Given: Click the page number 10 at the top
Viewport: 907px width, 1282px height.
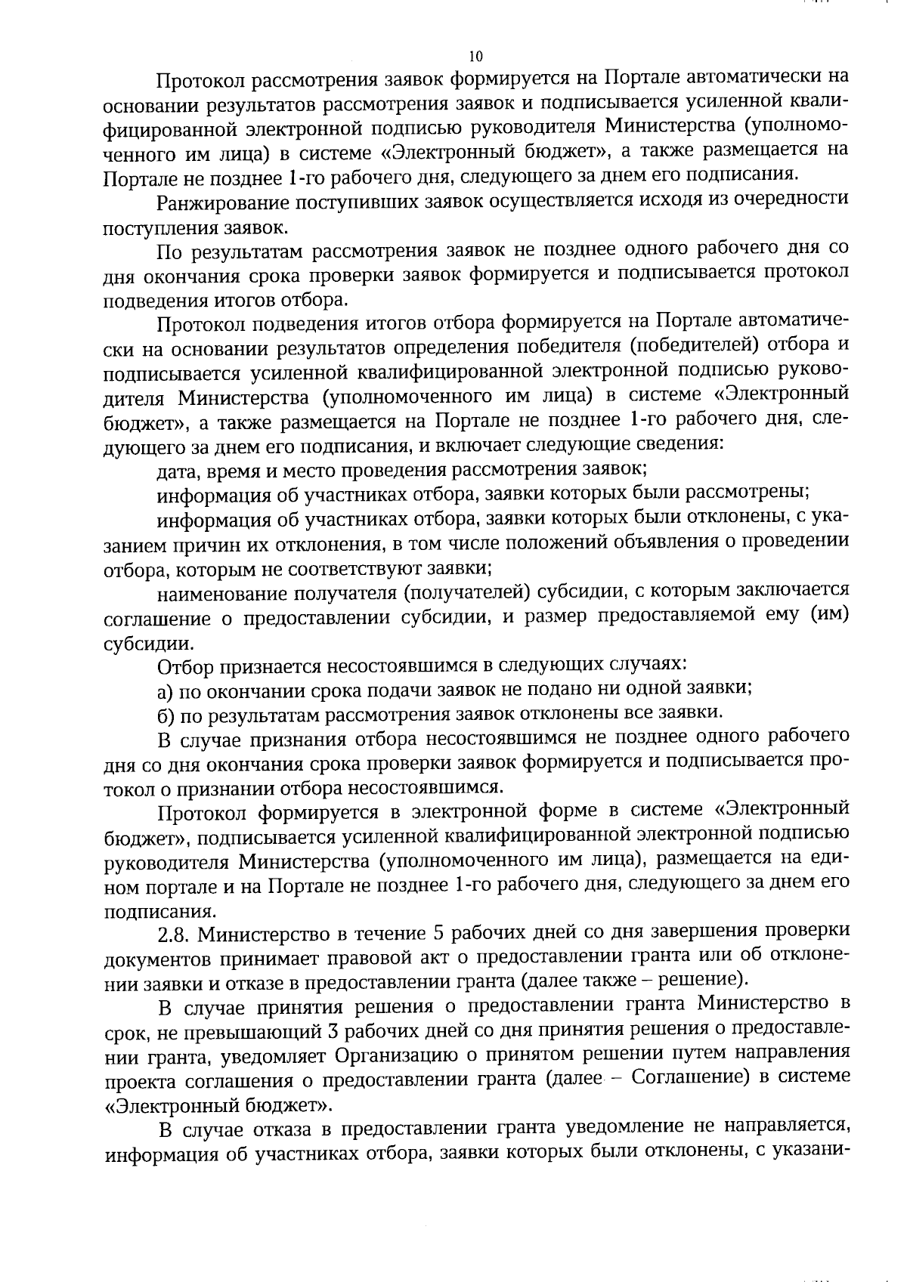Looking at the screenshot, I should pyautogui.click(x=475, y=56).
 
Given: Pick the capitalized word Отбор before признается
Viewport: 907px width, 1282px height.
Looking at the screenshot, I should pyautogui.click(x=184, y=666).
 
